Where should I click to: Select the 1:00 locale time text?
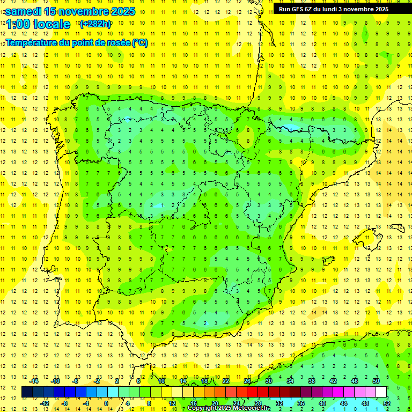38,24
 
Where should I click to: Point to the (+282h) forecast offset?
96,24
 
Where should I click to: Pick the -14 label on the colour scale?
33,381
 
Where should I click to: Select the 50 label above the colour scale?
376,381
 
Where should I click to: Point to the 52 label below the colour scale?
386,403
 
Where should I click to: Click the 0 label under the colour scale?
107,403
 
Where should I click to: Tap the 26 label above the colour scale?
247,381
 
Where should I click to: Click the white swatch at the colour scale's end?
381,392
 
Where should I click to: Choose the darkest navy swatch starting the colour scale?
27,392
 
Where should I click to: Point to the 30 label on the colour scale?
268,381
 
